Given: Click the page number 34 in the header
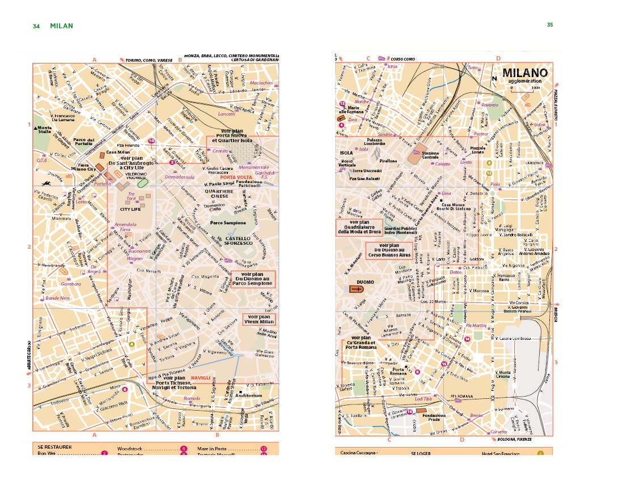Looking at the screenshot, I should point(36,26).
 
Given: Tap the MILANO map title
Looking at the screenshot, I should point(524,73).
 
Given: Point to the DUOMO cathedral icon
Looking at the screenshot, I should point(357,289).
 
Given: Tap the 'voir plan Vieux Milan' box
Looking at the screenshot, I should point(259,320).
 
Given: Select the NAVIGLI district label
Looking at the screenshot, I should point(201,377).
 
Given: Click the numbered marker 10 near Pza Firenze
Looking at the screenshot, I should point(151,141).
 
